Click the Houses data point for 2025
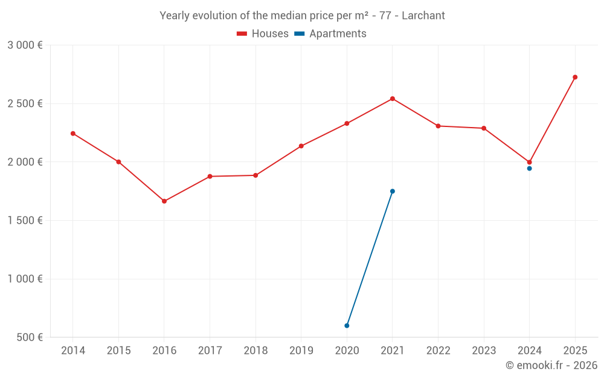(575, 77)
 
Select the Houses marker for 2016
(164, 201)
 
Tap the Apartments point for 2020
(347, 325)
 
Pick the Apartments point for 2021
(393, 191)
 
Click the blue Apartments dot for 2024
(529, 168)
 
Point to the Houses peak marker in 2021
(393, 99)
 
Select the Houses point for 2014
(73, 133)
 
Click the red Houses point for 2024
(529, 162)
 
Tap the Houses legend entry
(263, 34)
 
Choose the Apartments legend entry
(330, 34)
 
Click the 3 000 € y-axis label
(25, 45)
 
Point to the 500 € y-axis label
(28, 337)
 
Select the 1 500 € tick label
(25, 221)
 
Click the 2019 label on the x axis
(301, 351)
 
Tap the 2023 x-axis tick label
(484, 351)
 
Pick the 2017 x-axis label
(210, 351)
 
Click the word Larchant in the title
(423, 16)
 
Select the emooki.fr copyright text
(551, 365)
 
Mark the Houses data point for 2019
(301, 146)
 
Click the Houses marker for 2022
(438, 126)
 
